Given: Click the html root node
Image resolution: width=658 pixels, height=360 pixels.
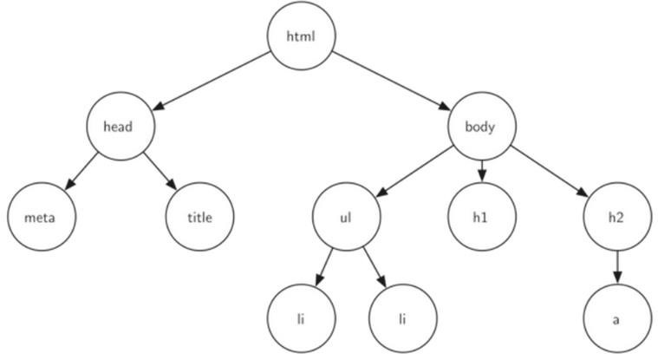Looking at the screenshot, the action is click(302, 36).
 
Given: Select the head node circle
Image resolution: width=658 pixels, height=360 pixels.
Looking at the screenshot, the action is click(121, 126).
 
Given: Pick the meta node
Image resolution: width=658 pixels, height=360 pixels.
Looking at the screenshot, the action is click(42, 217).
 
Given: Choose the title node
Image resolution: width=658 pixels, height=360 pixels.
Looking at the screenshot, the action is click(199, 217).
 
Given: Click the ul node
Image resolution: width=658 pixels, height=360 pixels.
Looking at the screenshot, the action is click(346, 217).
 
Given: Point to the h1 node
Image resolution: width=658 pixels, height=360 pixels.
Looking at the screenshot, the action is click(482, 217).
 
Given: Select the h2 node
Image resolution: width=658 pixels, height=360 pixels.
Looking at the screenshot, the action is click(617, 217).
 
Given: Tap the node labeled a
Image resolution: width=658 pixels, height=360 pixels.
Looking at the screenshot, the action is click(617, 318).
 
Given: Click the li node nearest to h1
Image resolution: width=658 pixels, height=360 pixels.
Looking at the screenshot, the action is click(403, 318).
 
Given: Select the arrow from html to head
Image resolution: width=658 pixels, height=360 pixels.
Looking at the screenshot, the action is click(211, 81).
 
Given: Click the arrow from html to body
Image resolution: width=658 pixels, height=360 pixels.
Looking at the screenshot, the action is click(392, 81).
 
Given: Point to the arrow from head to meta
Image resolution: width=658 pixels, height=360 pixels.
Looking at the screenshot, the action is click(81, 172).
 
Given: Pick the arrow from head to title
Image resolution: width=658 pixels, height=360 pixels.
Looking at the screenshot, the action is click(160, 172).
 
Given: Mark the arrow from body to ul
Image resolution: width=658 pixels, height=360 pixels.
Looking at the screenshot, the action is click(414, 172).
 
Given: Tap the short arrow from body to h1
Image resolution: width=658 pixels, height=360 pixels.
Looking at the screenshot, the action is click(482, 172).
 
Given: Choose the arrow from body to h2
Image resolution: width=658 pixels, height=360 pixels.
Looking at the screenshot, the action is click(550, 172).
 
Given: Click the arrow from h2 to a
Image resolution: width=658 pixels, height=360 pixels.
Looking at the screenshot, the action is click(617, 267).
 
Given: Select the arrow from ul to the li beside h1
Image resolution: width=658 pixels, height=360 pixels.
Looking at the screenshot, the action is click(375, 267).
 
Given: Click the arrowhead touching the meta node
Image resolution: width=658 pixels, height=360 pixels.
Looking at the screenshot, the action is click(70, 185).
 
